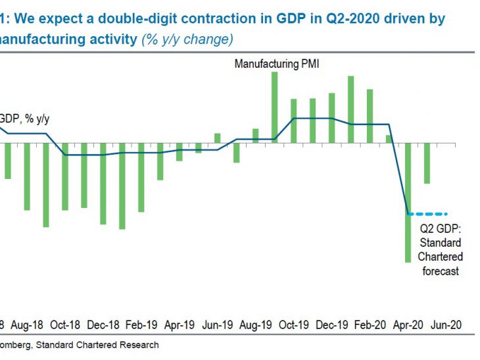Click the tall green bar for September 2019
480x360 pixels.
pos(274,105)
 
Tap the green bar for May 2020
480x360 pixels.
pos(427,163)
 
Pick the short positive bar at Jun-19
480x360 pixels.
pos(217,138)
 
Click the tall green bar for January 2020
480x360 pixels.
pos(350,109)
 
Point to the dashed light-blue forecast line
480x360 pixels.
pos(428,213)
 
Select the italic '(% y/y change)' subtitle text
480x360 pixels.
pos(187,39)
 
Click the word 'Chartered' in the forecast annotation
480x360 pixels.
pos(441,257)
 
